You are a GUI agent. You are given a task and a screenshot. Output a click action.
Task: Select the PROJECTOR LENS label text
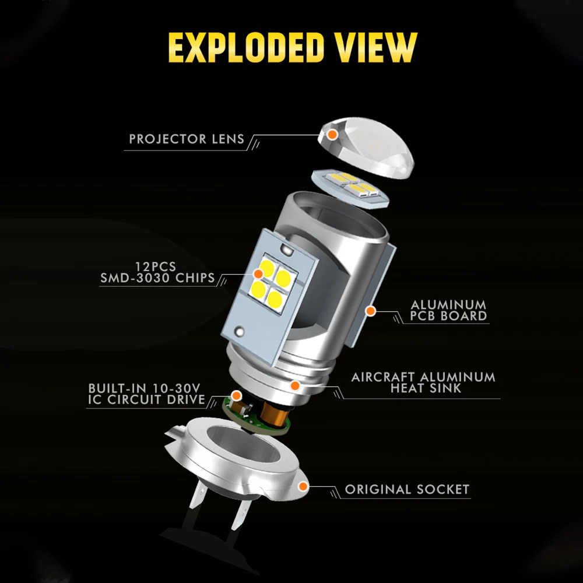coord(184,139)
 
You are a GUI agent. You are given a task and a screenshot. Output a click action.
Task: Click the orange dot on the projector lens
coord(332,135)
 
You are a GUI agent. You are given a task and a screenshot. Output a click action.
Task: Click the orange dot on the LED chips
coord(258,273)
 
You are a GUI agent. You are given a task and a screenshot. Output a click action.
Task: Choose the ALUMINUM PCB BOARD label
coord(448,310)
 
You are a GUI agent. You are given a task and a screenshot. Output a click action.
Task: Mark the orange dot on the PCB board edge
coord(370,310)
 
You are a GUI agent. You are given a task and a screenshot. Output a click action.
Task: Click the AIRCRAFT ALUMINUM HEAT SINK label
coord(423,382)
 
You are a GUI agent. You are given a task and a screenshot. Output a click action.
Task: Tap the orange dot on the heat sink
coord(295,385)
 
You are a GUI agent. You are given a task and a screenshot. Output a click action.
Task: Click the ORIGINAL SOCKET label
coord(407,489)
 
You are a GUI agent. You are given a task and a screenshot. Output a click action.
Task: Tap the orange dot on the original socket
coord(303,486)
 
